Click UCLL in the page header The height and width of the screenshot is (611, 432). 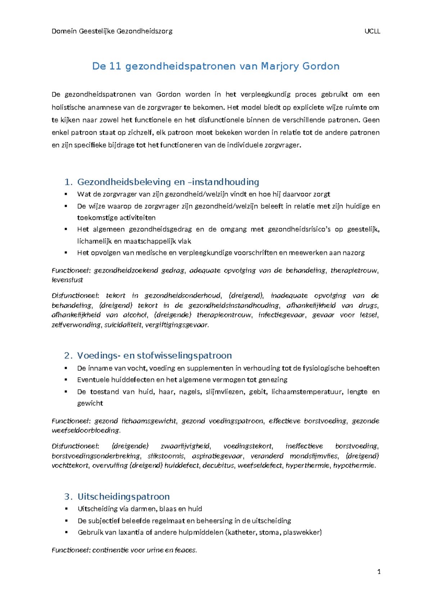pyautogui.click(x=372, y=31)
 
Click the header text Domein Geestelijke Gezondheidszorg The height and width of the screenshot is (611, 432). pyautogui.click(x=112, y=31)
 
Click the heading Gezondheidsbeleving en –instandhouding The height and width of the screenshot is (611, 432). pyautogui.click(x=168, y=182)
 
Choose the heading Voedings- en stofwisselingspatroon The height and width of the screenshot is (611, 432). pyautogui.click(x=154, y=356)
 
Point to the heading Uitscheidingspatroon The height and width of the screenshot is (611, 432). pyautogui.click(x=123, y=496)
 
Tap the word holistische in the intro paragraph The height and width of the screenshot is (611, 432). pyautogui.click(x=68, y=107)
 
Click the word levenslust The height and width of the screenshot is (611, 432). pyautogui.click(x=67, y=280)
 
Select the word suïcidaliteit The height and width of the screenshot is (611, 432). pyautogui.click(x=123, y=325)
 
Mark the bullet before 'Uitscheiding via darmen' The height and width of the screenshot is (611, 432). pyautogui.click(x=66, y=509)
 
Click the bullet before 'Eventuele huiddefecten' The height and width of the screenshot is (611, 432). pyautogui.click(x=66, y=380)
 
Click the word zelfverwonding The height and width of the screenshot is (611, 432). pyautogui.click(x=76, y=325)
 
